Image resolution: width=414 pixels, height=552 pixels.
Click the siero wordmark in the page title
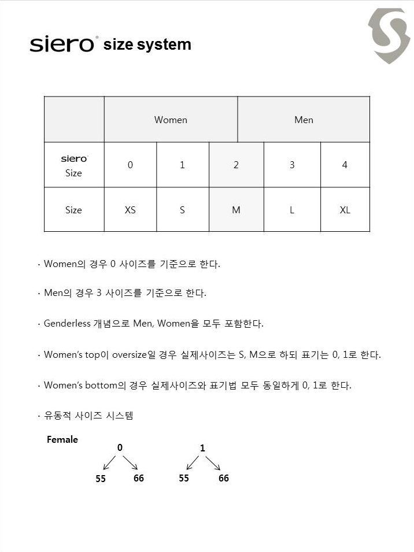[x=62, y=45]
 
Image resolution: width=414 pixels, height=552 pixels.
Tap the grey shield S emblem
[x=389, y=35]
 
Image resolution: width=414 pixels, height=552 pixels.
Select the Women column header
[x=171, y=120]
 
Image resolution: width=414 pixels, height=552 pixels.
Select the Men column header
[x=304, y=120]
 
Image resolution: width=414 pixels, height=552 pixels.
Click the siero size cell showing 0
[x=130, y=165]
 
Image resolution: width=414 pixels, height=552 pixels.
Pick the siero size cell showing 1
[x=182, y=165]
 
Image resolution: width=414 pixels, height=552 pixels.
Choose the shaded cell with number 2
[x=236, y=165]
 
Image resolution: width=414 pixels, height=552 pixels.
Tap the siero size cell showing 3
[x=292, y=165]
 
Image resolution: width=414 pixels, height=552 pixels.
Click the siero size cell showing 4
[x=345, y=165]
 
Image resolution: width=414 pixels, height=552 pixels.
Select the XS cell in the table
[x=130, y=210]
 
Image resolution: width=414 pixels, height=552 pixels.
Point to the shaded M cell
[x=236, y=210]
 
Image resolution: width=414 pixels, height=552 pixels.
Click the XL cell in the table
[x=345, y=210]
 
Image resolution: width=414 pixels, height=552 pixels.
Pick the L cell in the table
[x=292, y=210]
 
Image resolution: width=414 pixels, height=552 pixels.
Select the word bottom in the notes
[x=101, y=386]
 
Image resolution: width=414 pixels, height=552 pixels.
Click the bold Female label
[x=62, y=440]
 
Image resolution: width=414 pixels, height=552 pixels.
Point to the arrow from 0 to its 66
[x=130, y=463]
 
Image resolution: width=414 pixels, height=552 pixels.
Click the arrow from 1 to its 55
[x=192, y=463]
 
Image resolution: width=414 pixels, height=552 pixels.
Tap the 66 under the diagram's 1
[x=224, y=478]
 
